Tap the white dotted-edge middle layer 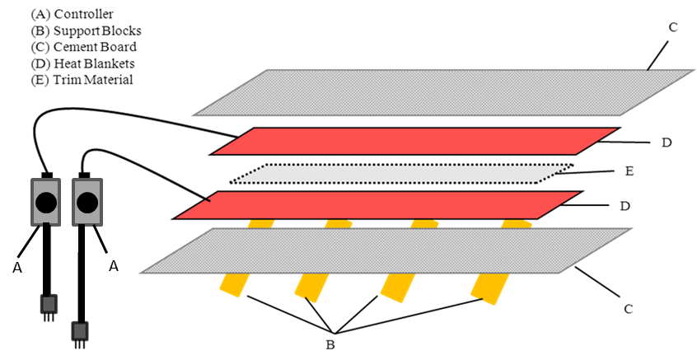(x=400, y=174)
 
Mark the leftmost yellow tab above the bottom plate (x=261, y=223)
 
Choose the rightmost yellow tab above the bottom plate (x=516, y=223)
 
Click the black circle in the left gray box (x=46, y=203)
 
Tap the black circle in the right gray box (x=87, y=203)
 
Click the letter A (x=17, y=268)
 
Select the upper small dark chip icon (x=49, y=304)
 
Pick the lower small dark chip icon (x=80, y=330)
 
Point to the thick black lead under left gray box (x=47, y=238)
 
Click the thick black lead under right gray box (x=82, y=238)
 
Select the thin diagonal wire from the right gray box (x=100, y=239)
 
